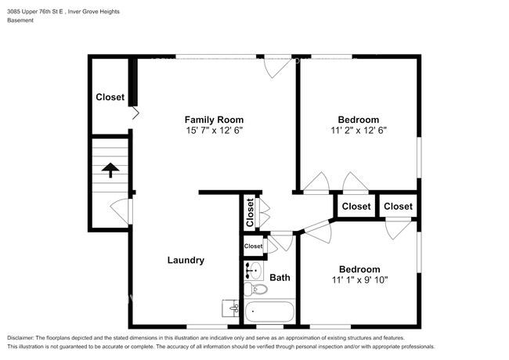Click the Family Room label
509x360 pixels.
209,119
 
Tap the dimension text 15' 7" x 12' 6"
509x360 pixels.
209,131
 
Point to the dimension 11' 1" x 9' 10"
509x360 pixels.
359,279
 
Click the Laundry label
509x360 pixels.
186,260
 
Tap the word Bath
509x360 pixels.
280,277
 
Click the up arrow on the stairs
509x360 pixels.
110,170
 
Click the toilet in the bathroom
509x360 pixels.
256,290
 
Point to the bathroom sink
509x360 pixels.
253,271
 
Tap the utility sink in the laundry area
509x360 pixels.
230,308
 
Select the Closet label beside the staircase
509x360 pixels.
110,97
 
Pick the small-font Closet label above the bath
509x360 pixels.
253,246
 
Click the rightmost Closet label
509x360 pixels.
398,206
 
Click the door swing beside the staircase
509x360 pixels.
118,210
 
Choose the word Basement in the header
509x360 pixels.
20,20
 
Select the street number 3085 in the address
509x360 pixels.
16,10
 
